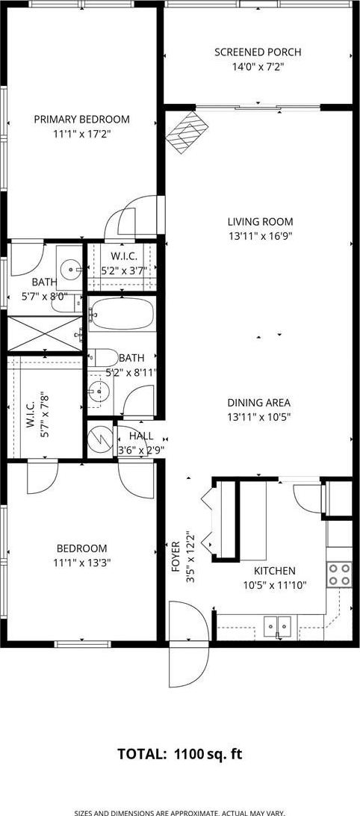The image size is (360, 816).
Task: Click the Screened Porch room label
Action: pos(258,52)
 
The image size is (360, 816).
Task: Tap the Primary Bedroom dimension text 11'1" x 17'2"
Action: pos(82,134)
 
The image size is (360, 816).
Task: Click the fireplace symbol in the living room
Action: pos(187,132)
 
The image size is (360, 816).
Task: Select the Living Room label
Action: pos(260,221)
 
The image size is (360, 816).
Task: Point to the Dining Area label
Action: pos(258,403)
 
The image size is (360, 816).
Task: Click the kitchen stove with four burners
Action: pos(338,575)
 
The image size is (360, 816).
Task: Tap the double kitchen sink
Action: pos(277,625)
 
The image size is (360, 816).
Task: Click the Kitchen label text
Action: pos(275,571)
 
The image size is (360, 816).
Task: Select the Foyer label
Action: pos(176,557)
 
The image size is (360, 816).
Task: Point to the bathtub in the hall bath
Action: pos(122,314)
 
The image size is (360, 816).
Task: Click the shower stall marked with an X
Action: pos(44,333)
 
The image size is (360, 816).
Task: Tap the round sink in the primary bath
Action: pos(69,269)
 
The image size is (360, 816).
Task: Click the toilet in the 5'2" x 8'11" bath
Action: pos(103,357)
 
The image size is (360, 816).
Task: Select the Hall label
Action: pos(141,436)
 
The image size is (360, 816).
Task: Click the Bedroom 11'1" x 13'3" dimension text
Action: pos(82,563)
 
